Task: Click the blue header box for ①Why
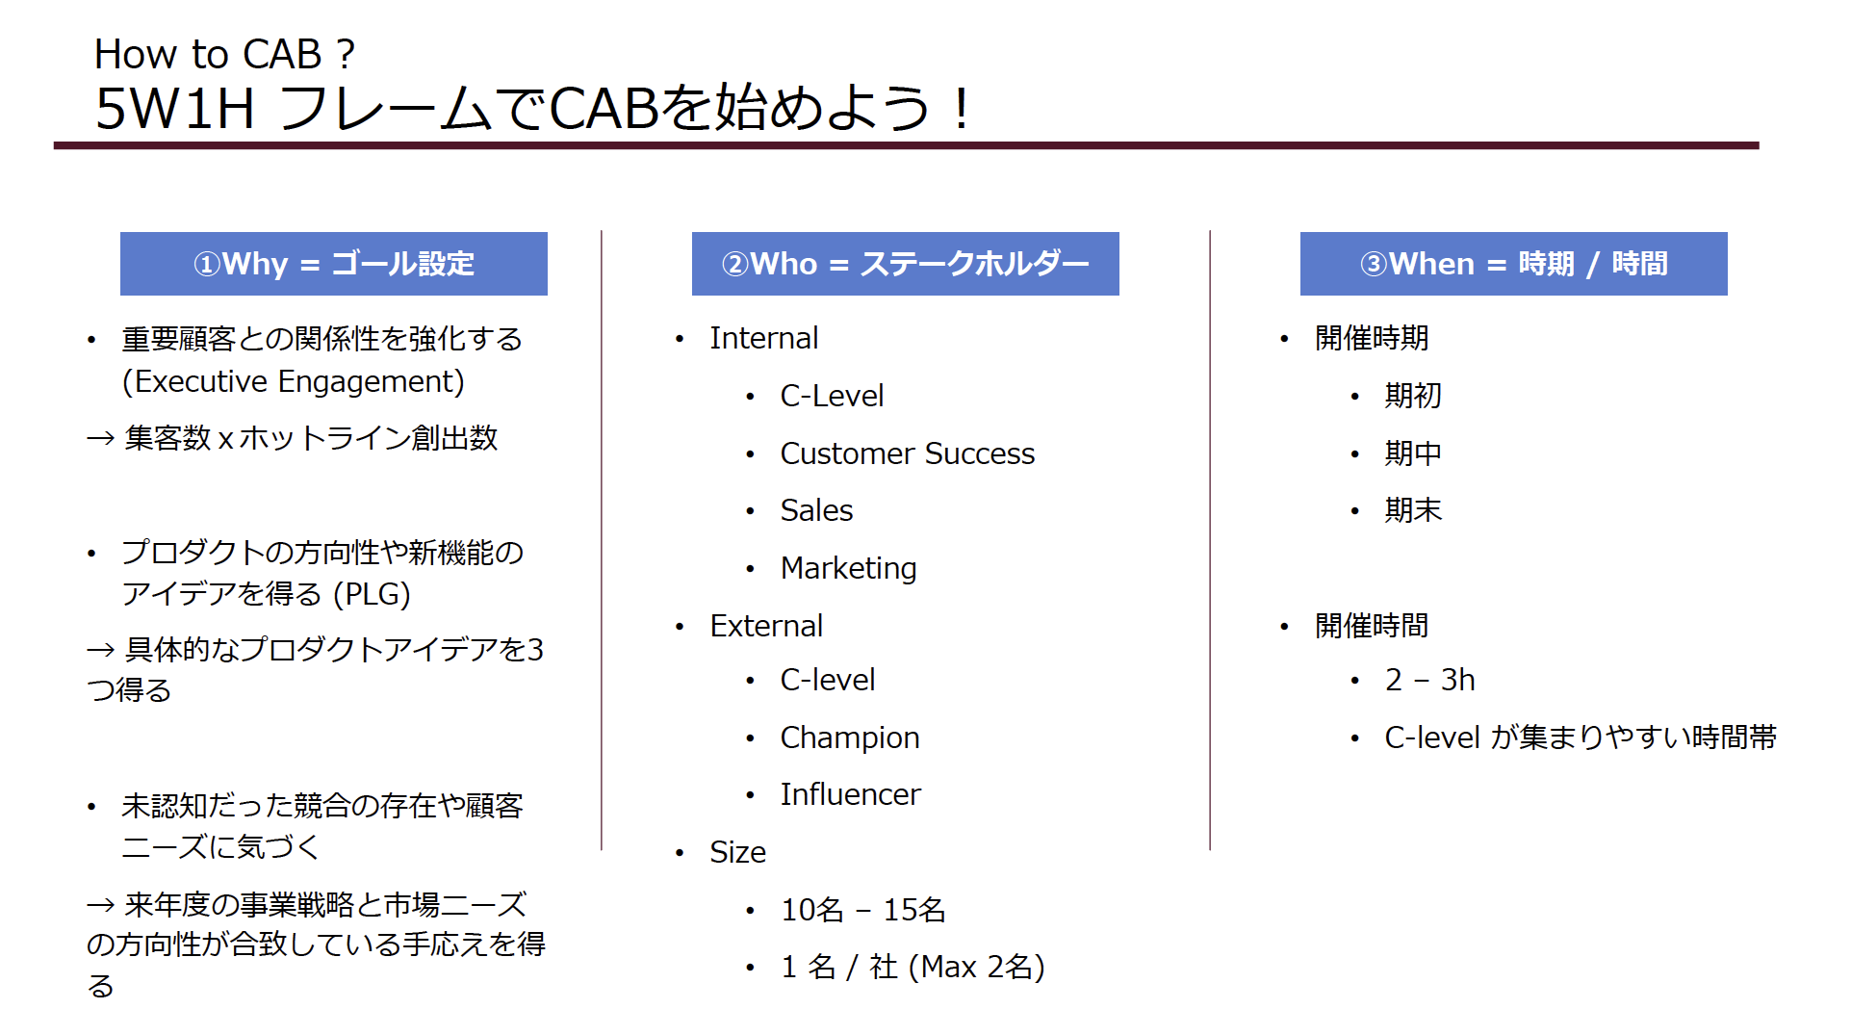click(333, 264)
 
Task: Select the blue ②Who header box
click(905, 264)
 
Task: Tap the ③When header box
click(1513, 264)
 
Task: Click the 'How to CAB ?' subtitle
click(224, 54)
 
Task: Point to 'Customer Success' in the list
click(907, 453)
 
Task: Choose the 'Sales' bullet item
click(816, 510)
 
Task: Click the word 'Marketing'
click(848, 568)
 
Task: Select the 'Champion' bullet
click(850, 737)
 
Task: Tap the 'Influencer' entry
click(850, 794)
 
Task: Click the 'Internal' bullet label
click(763, 338)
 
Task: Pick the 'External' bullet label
click(766, 626)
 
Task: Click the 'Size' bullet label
click(737, 852)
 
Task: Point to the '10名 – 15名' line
click(862, 910)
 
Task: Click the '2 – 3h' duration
click(1429, 680)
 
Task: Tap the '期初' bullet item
click(1413, 396)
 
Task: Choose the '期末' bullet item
click(1413, 510)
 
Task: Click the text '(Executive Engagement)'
click(294, 382)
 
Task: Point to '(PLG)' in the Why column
click(372, 594)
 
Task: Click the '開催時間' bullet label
click(1372, 626)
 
